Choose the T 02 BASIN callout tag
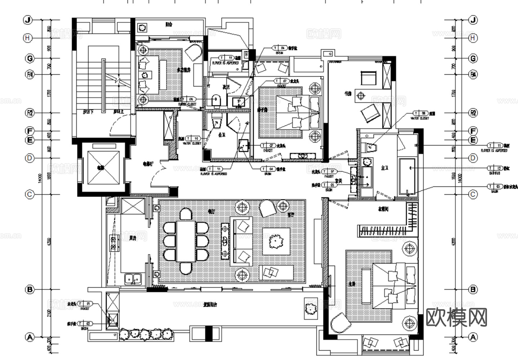[85, 324]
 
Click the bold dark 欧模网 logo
[456, 317]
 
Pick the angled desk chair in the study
[371, 112]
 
